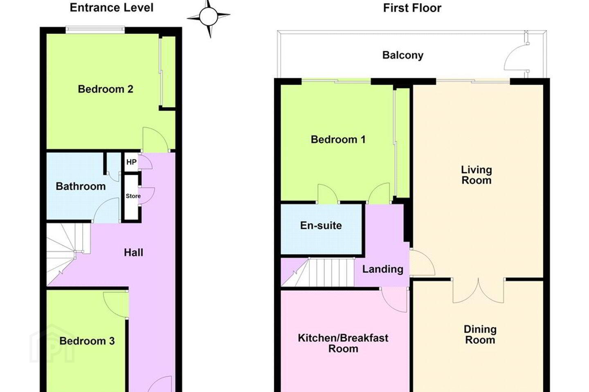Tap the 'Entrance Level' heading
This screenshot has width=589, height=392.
(112, 8)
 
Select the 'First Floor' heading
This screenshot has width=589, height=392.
(412, 8)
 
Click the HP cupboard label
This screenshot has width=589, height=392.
(131, 162)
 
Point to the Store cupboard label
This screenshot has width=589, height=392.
(133, 196)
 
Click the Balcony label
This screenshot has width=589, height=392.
(403, 55)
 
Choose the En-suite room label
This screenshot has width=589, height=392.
(321, 225)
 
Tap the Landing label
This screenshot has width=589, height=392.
(382, 269)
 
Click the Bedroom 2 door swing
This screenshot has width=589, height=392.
(155, 139)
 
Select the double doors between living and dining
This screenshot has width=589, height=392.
(478, 291)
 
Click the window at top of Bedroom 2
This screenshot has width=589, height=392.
(95, 30)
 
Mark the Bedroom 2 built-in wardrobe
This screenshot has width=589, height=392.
(168, 72)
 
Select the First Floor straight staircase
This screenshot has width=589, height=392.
(318, 272)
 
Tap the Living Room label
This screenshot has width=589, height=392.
(477, 175)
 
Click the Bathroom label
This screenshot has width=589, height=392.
(81, 187)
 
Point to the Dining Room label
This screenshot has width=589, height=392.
(480, 335)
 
